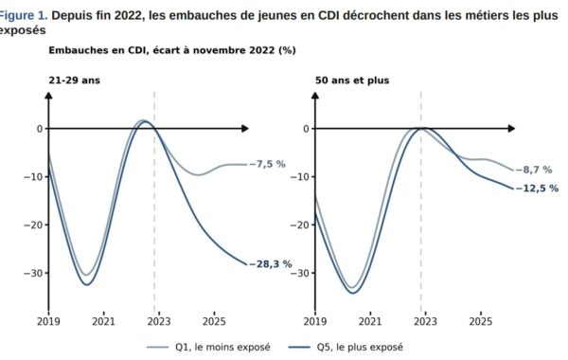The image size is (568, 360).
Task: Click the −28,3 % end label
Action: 271,264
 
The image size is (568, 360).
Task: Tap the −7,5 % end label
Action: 268,164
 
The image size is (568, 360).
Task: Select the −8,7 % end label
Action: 534,170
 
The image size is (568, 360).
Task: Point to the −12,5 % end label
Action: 538,189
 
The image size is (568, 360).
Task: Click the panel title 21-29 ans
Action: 74,81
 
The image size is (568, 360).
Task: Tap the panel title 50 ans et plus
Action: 352,81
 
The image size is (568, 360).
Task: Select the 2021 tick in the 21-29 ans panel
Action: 103,321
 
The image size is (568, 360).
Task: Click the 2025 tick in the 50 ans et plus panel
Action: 481,321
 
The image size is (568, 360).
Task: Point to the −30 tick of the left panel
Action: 33,273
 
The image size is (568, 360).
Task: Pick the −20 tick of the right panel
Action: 300,225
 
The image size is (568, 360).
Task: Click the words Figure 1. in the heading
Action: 23,15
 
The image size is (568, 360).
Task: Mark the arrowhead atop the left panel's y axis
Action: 49,95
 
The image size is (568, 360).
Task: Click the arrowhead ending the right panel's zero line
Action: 511,129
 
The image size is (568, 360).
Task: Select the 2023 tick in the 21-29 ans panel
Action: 159,321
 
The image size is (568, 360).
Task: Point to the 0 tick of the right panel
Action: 307,129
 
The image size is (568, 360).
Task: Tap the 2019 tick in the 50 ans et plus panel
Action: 315,321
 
